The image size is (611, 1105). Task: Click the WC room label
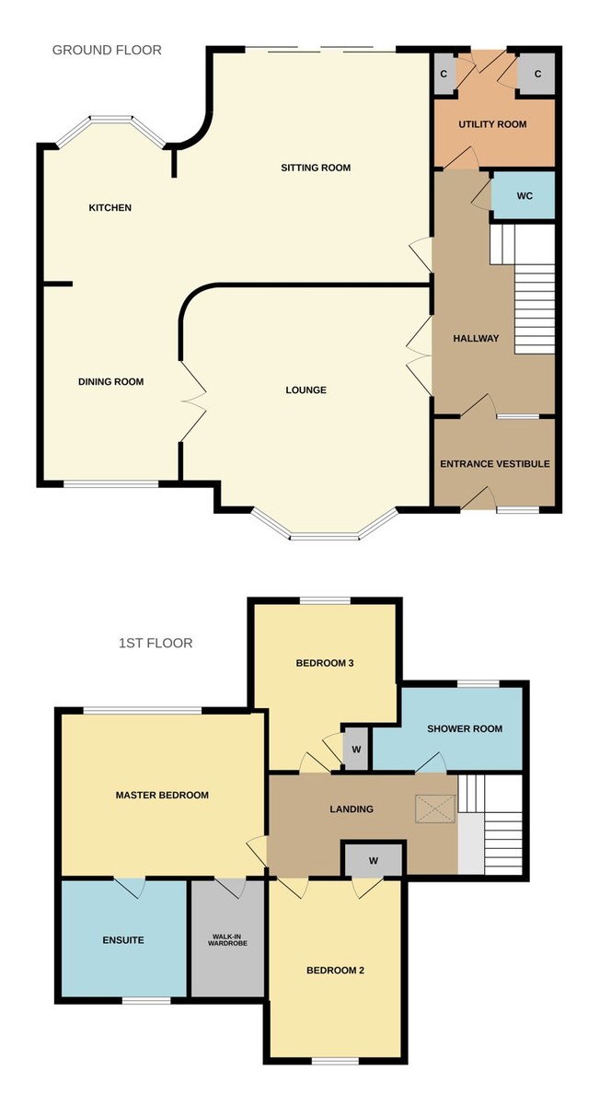click(x=525, y=196)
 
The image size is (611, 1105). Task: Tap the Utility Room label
click(x=492, y=123)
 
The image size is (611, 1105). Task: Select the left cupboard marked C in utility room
click(x=444, y=74)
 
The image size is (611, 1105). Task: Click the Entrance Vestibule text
click(x=494, y=463)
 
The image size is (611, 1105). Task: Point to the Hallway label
click(x=476, y=338)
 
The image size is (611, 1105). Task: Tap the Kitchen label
click(x=110, y=207)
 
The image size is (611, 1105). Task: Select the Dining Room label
click(x=110, y=381)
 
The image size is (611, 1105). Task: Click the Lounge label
click(x=305, y=390)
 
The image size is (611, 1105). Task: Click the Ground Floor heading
click(x=107, y=50)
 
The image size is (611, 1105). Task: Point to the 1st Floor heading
click(x=156, y=643)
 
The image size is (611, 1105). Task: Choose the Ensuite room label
click(x=122, y=940)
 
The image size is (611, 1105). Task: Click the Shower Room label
click(x=465, y=728)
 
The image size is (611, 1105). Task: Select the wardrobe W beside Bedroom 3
click(x=355, y=749)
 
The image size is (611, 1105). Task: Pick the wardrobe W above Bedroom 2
click(x=373, y=861)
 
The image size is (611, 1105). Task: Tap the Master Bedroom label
click(x=162, y=795)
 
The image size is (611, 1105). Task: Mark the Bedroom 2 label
click(x=336, y=970)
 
